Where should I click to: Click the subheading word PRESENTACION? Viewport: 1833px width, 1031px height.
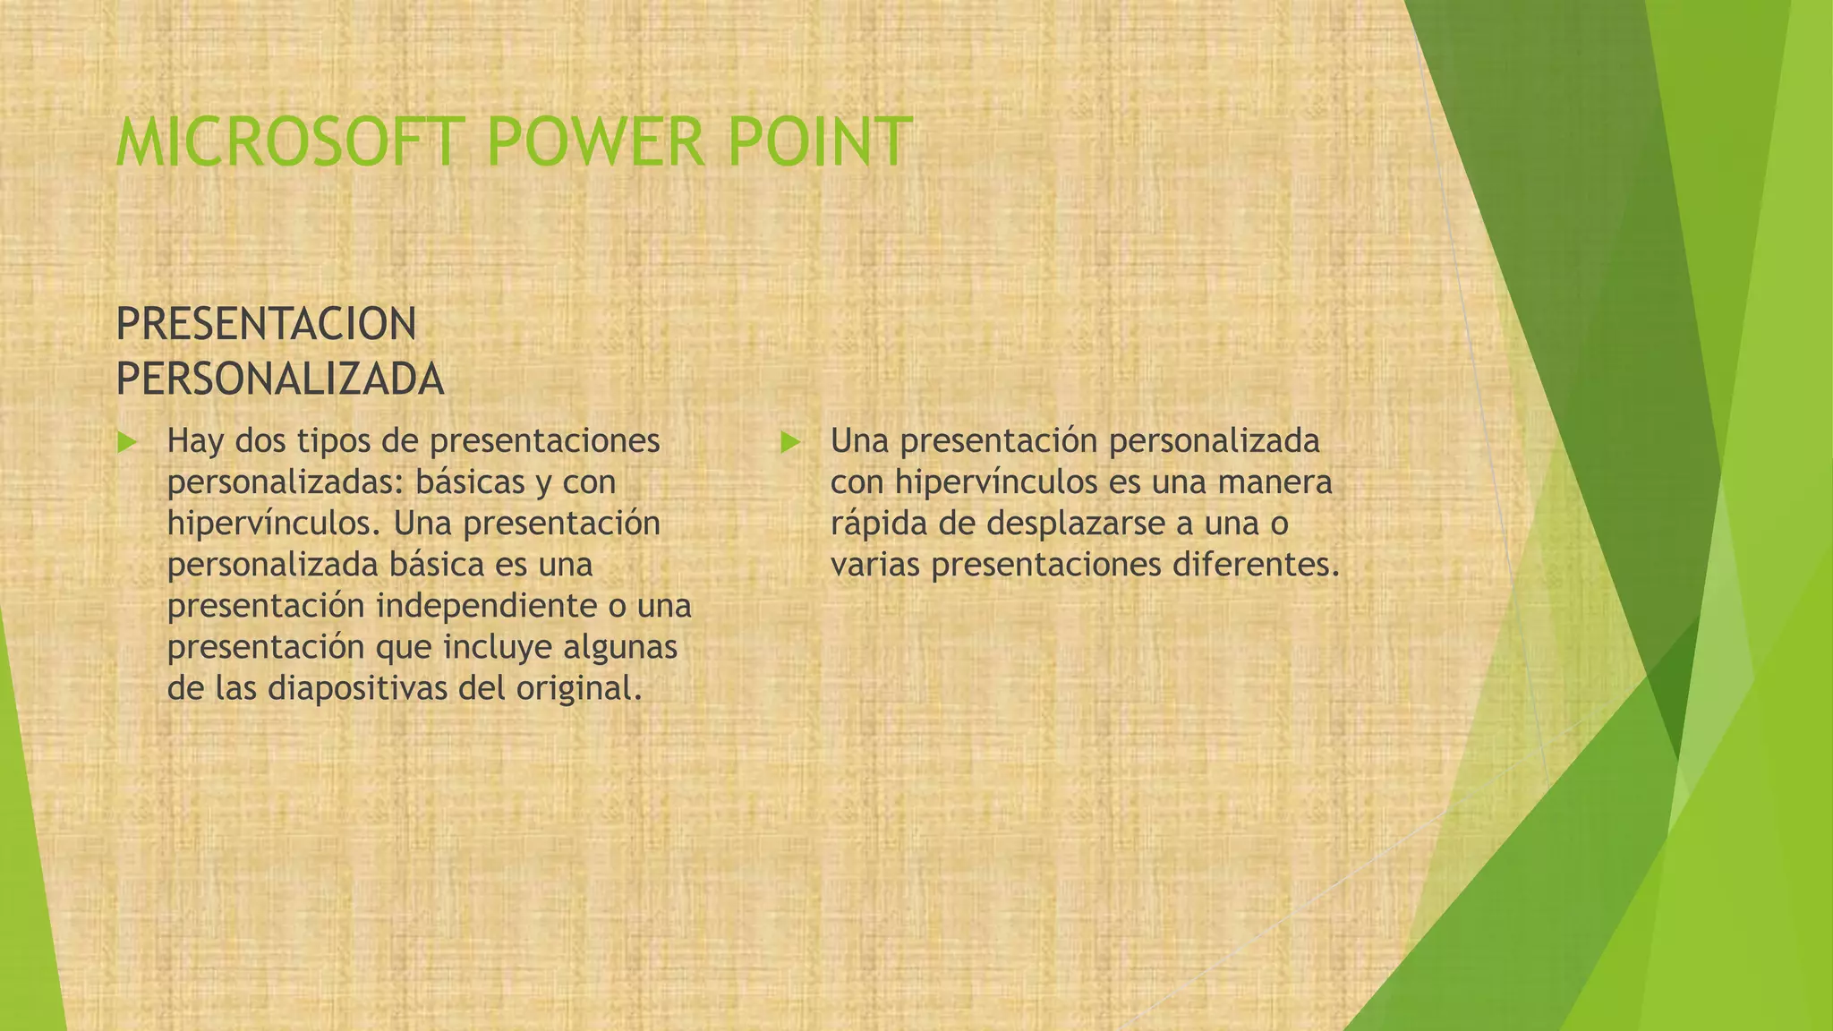click(x=266, y=324)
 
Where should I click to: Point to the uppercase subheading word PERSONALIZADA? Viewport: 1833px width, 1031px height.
click(x=279, y=379)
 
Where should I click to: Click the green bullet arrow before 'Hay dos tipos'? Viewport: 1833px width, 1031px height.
click(x=126, y=441)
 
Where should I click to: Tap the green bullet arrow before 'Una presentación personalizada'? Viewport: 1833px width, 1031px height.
click(x=789, y=441)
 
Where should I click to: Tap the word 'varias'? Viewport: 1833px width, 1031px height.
click(x=874, y=565)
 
